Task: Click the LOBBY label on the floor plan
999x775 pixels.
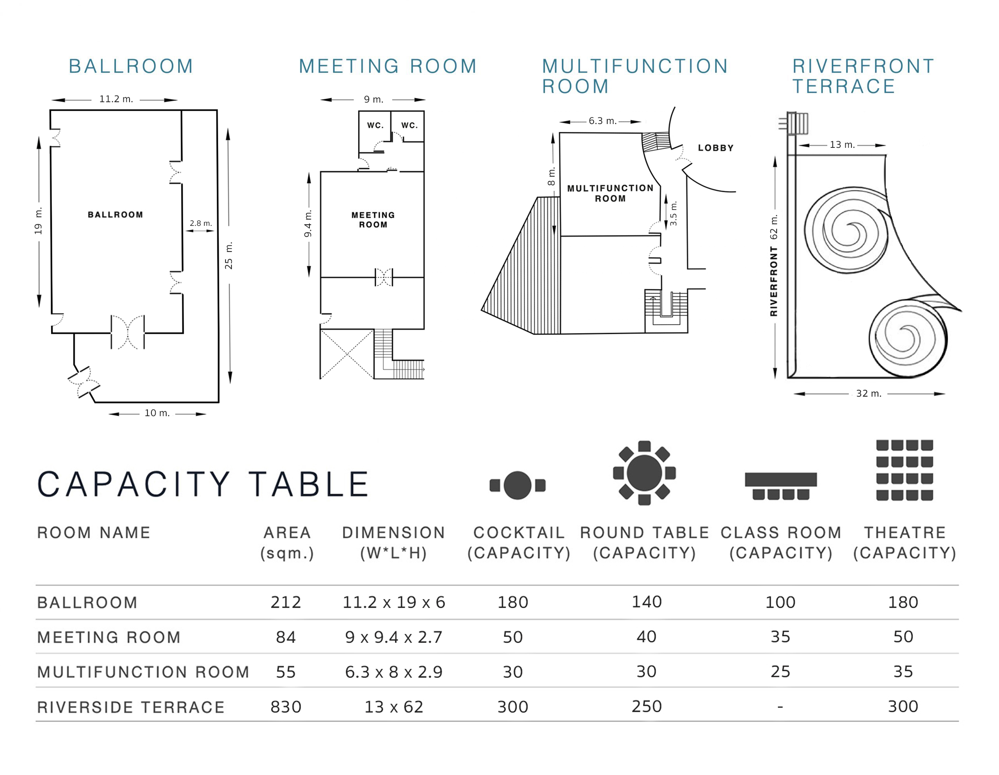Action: point(715,148)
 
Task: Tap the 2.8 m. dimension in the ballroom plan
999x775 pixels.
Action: point(201,223)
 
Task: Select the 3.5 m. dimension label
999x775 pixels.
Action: point(673,213)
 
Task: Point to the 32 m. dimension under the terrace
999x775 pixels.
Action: point(869,394)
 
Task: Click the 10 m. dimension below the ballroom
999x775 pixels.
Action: point(157,413)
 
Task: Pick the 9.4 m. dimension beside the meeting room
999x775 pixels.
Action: point(308,223)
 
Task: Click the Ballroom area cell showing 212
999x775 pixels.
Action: point(286,603)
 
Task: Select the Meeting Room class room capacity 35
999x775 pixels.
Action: point(780,637)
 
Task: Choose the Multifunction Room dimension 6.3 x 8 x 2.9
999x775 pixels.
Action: point(394,672)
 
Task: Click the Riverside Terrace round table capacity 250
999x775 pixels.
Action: point(647,707)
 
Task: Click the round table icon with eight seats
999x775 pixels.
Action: point(644,473)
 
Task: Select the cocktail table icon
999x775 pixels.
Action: point(517,485)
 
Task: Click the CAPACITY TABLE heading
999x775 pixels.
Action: point(203,484)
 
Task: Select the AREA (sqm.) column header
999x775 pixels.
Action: point(287,543)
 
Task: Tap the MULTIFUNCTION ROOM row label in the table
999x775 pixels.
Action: point(143,672)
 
